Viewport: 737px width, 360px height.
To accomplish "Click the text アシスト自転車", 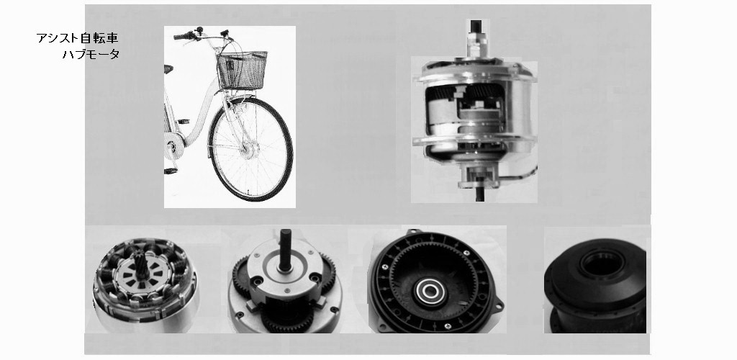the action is pyautogui.click(x=77, y=38).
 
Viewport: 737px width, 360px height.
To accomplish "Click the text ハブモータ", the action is pyautogui.click(x=91, y=54).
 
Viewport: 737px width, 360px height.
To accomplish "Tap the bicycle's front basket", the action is pyautogui.click(x=242, y=70).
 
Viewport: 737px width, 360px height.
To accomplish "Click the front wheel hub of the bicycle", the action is pyautogui.click(x=250, y=150).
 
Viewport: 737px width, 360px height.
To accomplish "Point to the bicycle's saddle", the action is pyautogui.click(x=168, y=69).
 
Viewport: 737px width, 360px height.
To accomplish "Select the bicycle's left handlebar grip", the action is pyautogui.click(x=184, y=36).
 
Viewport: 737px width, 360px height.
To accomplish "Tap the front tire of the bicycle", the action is pyautogui.click(x=250, y=149).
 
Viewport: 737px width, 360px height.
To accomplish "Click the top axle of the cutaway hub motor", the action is pyautogui.click(x=476, y=27).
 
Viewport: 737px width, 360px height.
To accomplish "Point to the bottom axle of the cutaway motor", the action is pyautogui.click(x=479, y=194).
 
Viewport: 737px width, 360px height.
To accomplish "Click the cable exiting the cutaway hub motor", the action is pyautogui.click(x=522, y=176).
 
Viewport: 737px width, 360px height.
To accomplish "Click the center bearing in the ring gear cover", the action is pyautogui.click(x=430, y=292).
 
